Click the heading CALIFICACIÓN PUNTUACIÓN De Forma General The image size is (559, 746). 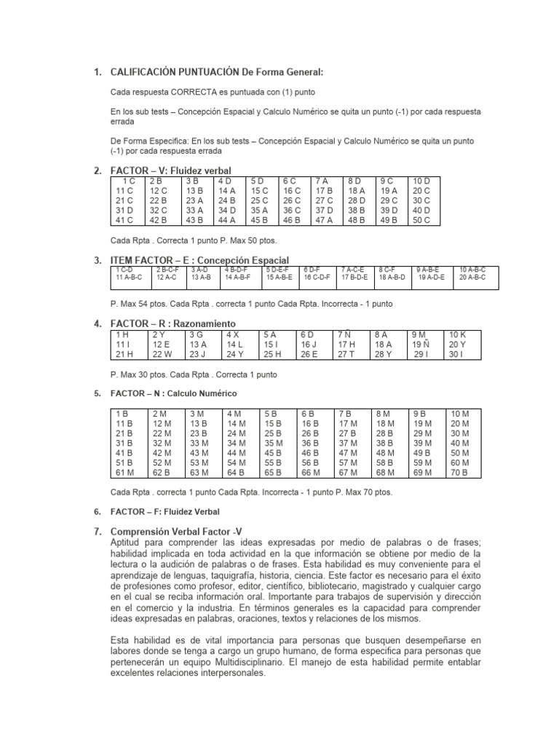point(215,71)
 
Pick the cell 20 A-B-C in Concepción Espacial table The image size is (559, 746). point(472,278)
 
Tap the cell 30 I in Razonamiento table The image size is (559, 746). point(456,354)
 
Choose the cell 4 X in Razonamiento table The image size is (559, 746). point(234,334)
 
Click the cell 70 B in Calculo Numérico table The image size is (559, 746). point(460,472)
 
